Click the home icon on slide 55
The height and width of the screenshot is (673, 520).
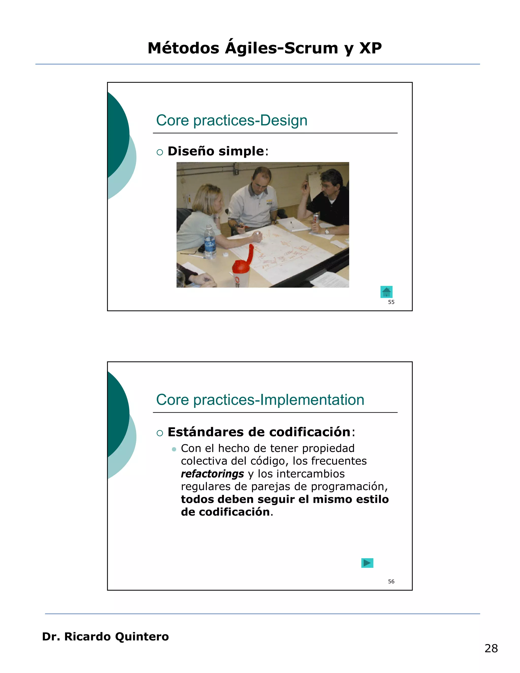point(386,292)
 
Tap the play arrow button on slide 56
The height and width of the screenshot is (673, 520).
point(367,563)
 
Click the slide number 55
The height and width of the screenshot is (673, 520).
point(391,302)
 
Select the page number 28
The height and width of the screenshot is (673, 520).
point(491,648)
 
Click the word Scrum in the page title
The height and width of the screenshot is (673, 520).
point(311,48)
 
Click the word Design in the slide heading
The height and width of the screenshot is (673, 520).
point(284,120)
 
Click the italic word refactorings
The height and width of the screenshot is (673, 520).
point(212,474)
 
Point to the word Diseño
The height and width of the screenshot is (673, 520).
point(191,151)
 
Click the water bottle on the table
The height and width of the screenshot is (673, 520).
point(210,242)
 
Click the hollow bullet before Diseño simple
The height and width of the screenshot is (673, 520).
point(159,152)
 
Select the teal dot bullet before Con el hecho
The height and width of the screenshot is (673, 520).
point(174,449)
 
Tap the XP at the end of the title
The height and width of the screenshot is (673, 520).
point(371,48)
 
